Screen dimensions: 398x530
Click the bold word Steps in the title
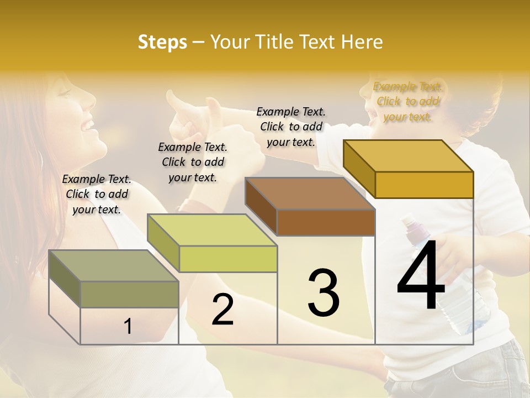[x=162, y=42]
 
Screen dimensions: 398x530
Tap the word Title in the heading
[x=274, y=42]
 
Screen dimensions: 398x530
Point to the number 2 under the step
[x=222, y=310]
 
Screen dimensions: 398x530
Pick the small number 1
[x=128, y=327]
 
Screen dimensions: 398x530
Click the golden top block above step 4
[x=409, y=169]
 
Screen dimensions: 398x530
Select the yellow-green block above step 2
[x=213, y=243]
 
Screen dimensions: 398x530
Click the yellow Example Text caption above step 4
[x=407, y=101]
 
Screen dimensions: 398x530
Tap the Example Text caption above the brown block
[x=291, y=127]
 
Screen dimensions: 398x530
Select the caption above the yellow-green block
[x=193, y=162]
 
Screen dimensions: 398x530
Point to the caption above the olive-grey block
[x=97, y=194]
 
